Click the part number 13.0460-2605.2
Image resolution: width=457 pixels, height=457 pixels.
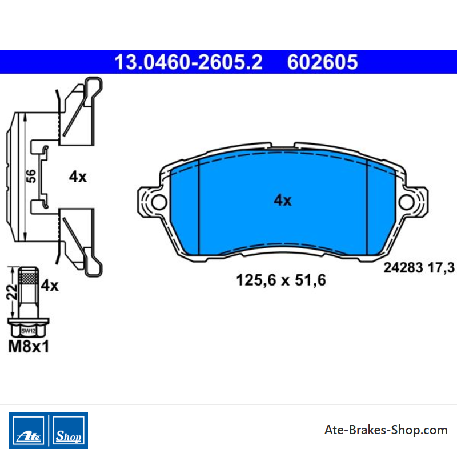point(189,62)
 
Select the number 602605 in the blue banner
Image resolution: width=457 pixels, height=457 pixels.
point(322,62)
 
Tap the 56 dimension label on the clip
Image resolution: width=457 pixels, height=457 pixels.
point(31,177)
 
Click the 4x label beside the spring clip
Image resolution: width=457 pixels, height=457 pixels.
point(78,177)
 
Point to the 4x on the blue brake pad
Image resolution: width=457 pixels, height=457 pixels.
point(283,201)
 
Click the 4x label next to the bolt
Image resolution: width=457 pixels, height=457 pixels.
point(50,286)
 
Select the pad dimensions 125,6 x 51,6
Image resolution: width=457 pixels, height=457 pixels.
point(281,280)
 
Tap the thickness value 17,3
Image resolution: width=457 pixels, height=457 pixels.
point(440,268)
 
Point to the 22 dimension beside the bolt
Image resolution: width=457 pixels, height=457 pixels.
point(11,292)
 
